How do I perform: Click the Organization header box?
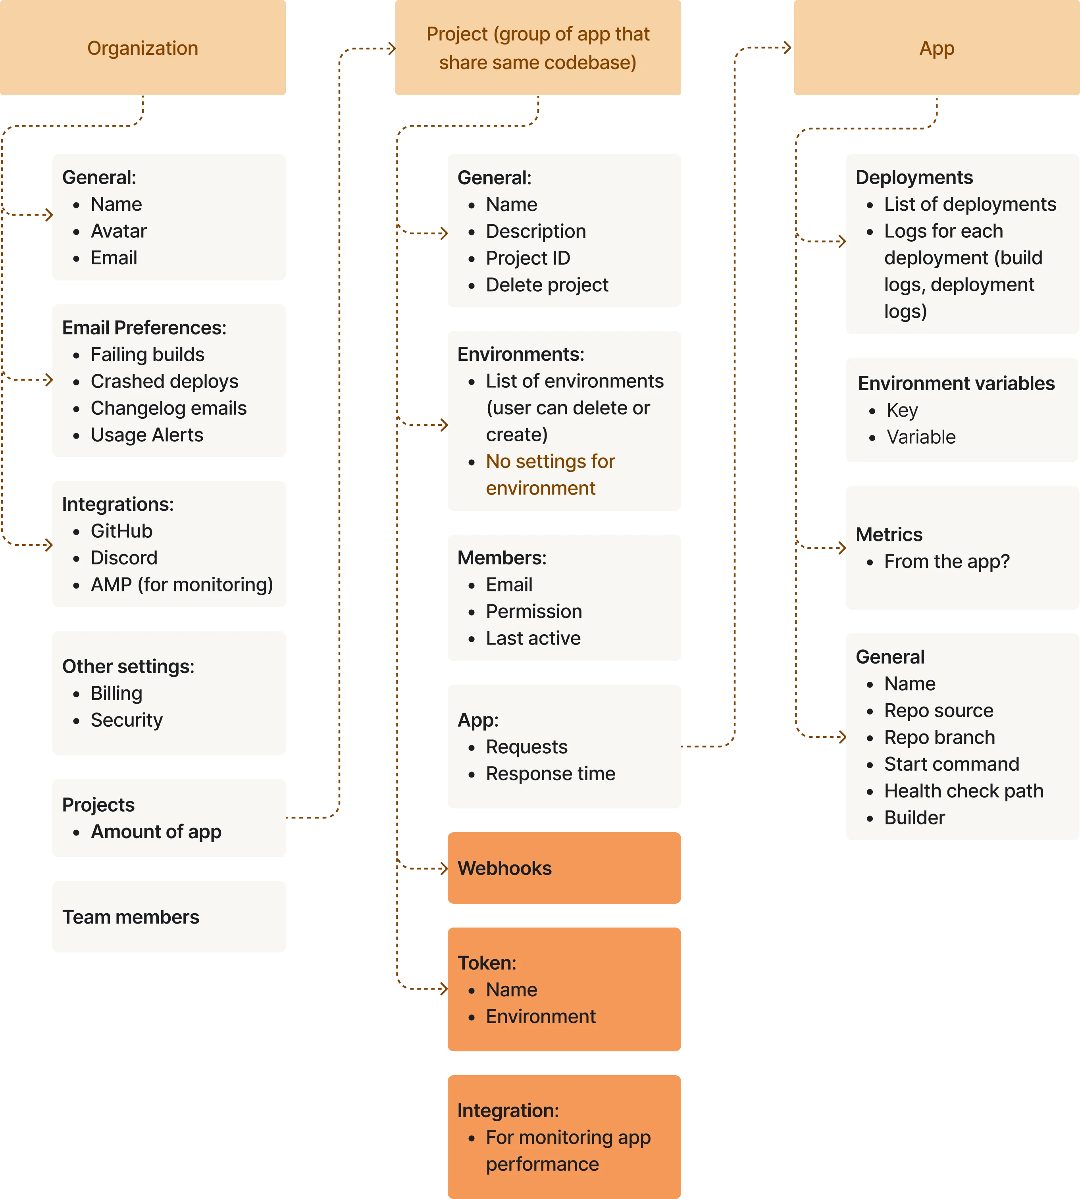click(x=142, y=48)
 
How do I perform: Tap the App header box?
click(x=936, y=48)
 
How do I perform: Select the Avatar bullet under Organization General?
click(x=119, y=231)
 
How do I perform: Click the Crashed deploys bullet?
click(x=164, y=381)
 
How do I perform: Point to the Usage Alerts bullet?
click(x=146, y=435)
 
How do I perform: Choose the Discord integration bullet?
click(x=124, y=558)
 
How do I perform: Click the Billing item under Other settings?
click(x=116, y=693)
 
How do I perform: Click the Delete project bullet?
click(x=547, y=285)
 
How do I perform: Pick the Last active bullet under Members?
click(x=533, y=638)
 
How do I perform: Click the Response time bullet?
click(x=550, y=774)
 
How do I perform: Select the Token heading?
click(x=487, y=962)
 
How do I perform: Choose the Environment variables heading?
click(x=956, y=383)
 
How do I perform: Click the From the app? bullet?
click(x=947, y=561)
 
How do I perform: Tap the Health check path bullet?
click(x=963, y=791)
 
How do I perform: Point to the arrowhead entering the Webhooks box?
click(x=443, y=868)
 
